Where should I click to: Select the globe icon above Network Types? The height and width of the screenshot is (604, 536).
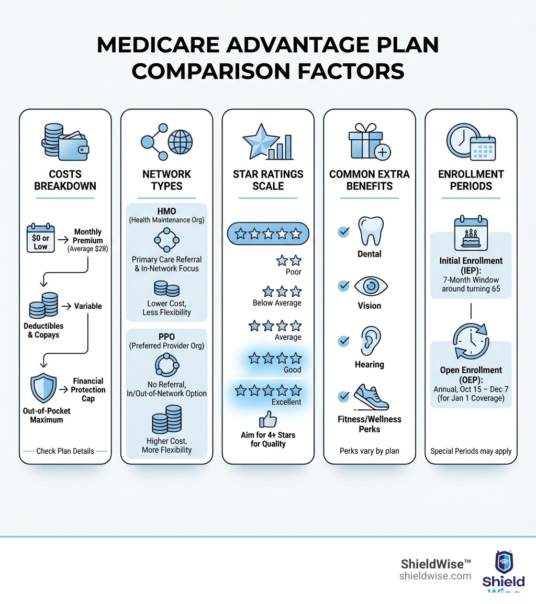(180, 141)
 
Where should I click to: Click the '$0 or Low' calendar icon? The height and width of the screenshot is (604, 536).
(40, 238)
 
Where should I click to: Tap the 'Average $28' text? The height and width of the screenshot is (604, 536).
(88, 249)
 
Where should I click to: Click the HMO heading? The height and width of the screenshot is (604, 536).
(166, 210)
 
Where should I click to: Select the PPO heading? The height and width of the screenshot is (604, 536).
(166, 336)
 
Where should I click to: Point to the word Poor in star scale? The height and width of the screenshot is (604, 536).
(293, 272)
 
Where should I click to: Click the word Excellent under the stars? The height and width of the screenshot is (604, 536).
(286, 402)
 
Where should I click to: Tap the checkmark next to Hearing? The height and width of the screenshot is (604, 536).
(344, 341)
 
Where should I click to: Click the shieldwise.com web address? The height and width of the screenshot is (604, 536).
(435, 576)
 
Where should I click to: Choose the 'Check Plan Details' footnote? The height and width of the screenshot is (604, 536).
(65, 451)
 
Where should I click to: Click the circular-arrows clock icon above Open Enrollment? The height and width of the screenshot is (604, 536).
(470, 341)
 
